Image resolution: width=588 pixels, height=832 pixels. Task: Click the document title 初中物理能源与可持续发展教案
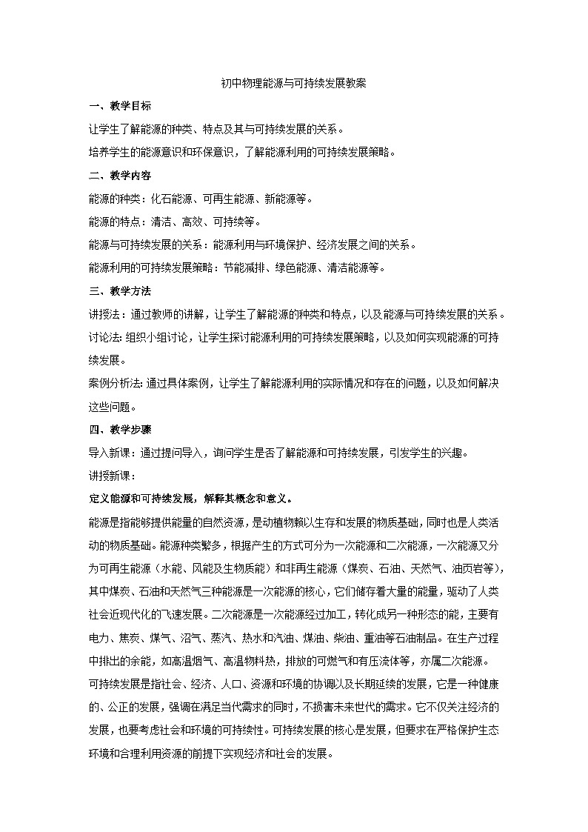pyautogui.click(x=293, y=84)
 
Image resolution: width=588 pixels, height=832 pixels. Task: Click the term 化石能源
pyautogui.click(x=170, y=199)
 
